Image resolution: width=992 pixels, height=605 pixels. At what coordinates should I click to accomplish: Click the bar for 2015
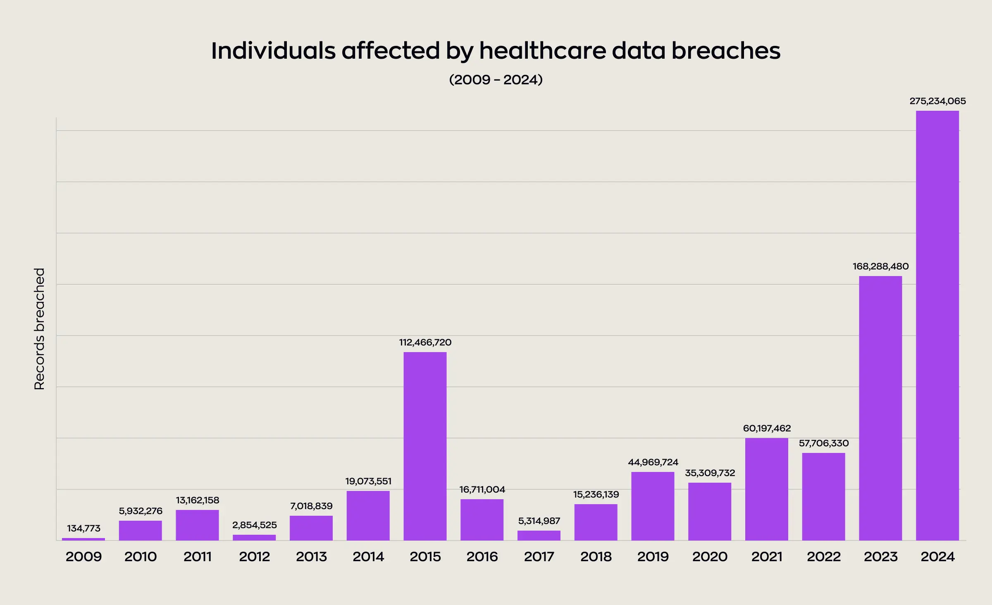pos(425,446)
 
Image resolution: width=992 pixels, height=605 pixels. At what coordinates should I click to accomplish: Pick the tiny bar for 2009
pos(83,539)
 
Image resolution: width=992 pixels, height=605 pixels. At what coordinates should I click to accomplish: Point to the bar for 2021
pos(766,489)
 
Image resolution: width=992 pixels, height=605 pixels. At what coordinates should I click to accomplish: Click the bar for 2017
pos(539,536)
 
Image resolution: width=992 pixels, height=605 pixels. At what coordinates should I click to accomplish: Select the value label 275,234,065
pos(937,101)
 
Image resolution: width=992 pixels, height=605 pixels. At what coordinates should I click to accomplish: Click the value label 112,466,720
pos(425,342)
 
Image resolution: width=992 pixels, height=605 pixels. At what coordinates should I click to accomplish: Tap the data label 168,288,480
pos(880,267)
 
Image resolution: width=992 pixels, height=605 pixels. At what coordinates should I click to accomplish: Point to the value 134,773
pos(83,528)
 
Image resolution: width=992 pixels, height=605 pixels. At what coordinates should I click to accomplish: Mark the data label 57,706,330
pos(823,443)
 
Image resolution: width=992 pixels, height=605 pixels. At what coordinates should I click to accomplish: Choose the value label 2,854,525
pos(254,525)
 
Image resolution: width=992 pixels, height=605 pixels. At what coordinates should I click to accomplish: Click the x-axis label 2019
pos(653,557)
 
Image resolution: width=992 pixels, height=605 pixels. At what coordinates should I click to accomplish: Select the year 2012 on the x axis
pos(254,557)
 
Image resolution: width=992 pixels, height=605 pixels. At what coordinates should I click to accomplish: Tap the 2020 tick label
pos(710,557)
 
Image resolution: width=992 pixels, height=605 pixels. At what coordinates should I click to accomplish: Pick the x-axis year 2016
pos(482,557)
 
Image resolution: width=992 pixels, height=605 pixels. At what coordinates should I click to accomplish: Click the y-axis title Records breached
pos(39,329)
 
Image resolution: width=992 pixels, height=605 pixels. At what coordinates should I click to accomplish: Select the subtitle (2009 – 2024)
pos(496,79)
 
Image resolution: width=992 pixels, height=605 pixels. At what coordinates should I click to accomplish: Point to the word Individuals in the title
pos(273,51)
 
